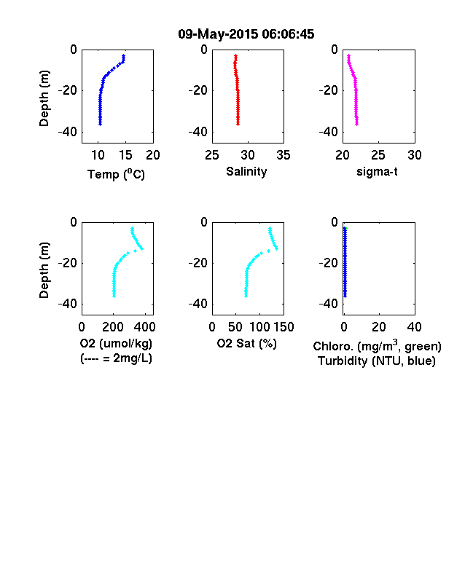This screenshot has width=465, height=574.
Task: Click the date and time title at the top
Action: (x=246, y=34)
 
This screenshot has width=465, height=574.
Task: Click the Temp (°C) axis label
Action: (x=116, y=174)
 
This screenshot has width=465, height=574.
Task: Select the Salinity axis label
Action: (x=246, y=171)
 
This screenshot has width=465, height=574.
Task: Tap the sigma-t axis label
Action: (x=377, y=171)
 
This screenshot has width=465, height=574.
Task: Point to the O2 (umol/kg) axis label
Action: (x=116, y=343)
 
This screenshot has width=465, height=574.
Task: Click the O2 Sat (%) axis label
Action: (x=247, y=343)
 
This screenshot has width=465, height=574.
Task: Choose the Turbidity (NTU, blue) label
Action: (x=377, y=361)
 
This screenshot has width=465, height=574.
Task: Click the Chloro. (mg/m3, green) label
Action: (x=377, y=346)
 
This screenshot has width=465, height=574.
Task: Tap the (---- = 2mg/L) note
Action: (x=116, y=358)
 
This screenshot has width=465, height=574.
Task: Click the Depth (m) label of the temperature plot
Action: (x=44, y=98)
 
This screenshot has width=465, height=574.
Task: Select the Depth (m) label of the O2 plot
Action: (x=44, y=270)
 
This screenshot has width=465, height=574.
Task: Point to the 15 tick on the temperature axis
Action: (x=125, y=155)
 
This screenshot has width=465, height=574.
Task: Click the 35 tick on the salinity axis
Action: (x=284, y=155)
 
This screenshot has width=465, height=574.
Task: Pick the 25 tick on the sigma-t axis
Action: (x=378, y=155)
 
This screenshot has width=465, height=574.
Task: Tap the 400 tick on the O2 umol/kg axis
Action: (x=144, y=327)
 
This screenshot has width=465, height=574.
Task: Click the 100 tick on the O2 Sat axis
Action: (x=259, y=327)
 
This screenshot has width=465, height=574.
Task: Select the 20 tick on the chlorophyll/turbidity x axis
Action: (x=378, y=327)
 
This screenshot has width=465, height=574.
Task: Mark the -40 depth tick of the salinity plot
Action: (x=198, y=132)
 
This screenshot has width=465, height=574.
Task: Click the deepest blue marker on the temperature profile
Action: (x=100, y=124)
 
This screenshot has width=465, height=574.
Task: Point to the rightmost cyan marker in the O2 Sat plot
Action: (x=276, y=248)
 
